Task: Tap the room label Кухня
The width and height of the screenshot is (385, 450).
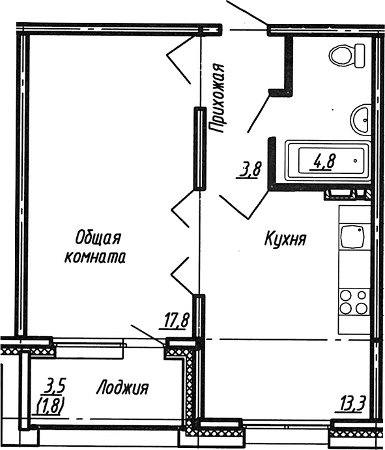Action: coord(285,239)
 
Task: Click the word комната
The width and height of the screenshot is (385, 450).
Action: coord(95,257)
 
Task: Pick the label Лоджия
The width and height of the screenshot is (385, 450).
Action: coord(122,389)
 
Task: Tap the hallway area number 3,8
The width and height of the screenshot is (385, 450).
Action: coord(250,171)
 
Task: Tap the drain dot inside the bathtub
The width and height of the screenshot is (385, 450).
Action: coord(354,158)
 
